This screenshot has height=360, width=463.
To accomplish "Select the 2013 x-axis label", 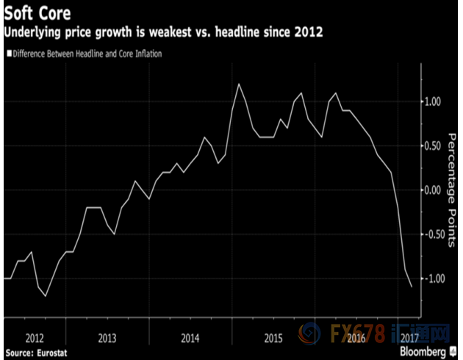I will (x=107, y=339).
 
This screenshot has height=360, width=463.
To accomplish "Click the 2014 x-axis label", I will (x=190, y=339).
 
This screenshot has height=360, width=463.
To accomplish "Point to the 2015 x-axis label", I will (x=273, y=339).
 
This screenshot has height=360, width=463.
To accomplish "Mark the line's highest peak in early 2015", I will (x=240, y=84).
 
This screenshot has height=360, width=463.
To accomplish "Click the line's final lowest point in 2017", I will (x=410, y=287).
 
